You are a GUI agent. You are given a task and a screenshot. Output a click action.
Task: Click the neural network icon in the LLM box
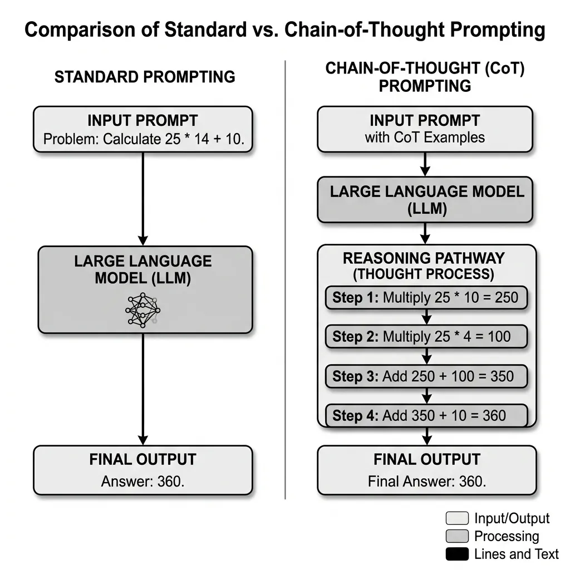[x=143, y=309]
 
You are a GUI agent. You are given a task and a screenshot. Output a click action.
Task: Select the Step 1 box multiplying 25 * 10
[x=426, y=298]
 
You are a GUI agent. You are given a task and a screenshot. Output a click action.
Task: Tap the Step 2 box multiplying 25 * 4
[x=426, y=337]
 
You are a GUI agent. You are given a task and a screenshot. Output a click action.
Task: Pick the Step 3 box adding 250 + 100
[x=426, y=376]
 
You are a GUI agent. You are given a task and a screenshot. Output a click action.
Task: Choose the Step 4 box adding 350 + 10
[x=426, y=415]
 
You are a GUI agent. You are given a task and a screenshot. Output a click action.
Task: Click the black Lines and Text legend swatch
[x=456, y=554]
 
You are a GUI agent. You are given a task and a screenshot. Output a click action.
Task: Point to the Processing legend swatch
[x=456, y=537]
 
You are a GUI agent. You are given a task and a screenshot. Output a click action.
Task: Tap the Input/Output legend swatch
[x=456, y=519]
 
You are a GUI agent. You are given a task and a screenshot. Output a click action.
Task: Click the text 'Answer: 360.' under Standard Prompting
[x=142, y=481]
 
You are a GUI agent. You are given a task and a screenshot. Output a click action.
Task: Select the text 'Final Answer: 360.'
[x=426, y=481]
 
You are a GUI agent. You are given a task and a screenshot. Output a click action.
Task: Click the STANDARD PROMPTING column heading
[x=145, y=77]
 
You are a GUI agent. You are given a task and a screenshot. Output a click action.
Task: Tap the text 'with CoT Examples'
[x=425, y=137]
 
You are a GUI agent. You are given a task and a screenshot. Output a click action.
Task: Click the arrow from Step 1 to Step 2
[x=426, y=317]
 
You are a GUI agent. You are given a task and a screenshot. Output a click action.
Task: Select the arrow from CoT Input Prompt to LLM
[x=425, y=164]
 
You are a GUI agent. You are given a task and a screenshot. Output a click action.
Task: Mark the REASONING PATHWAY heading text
[x=424, y=258]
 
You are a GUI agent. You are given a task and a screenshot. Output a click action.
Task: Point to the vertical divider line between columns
[x=285, y=278]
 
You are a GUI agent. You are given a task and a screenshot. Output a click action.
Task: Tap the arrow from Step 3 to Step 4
[x=426, y=396]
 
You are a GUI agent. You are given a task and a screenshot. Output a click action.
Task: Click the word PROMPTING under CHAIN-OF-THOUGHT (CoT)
[x=425, y=86]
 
